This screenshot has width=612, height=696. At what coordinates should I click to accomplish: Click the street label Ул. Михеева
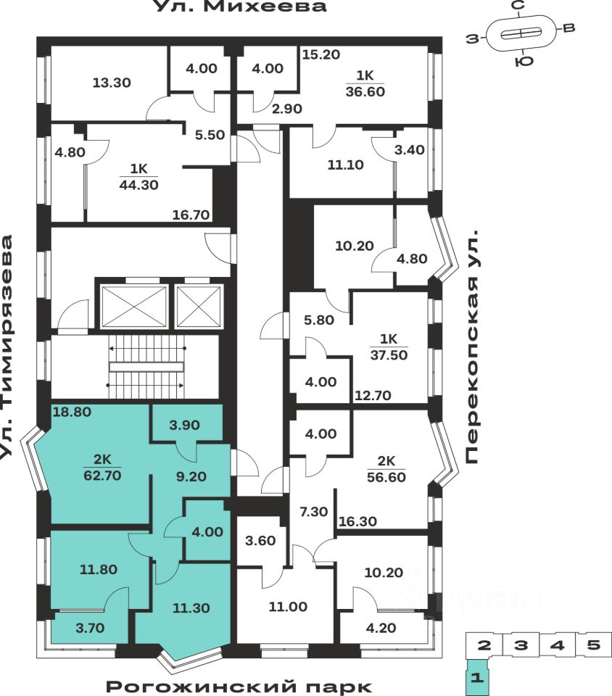[x=239, y=7]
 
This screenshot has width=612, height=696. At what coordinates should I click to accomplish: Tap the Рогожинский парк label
[x=239, y=686]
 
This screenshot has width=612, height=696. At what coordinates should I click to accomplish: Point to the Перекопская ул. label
[x=473, y=349]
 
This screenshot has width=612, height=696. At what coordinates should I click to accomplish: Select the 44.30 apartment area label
[x=138, y=184]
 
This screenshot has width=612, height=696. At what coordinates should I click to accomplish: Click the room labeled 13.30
[x=112, y=83]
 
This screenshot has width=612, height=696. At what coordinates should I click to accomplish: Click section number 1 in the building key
[x=477, y=679]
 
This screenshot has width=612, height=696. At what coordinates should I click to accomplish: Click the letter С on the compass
[x=518, y=7]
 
